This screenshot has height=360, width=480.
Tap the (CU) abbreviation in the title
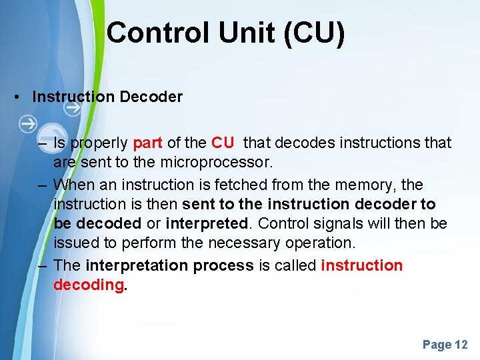coord(313,33)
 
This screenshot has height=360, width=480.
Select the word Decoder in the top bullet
coord(151,97)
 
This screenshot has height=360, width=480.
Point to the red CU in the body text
coord(223,143)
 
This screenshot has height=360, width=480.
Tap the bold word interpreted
coord(206,223)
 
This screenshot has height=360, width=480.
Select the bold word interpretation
coord(137,265)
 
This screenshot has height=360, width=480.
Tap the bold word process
coord(223,265)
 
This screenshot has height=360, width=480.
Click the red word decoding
coord(88,285)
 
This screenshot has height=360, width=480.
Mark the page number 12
coord(461,345)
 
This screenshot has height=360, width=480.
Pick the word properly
coord(99,143)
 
